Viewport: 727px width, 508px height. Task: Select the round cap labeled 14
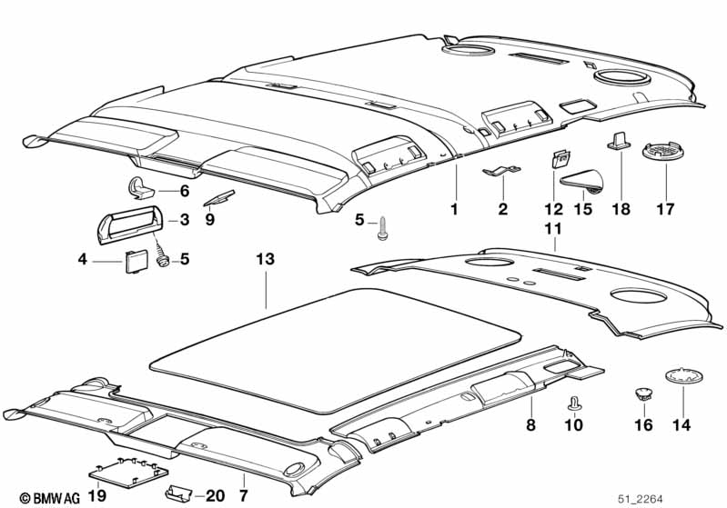pyautogui.click(x=694, y=377)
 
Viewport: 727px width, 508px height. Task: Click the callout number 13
pyautogui.click(x=265, y=260)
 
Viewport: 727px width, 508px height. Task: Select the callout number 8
pyautogui.click(x=531, y=424)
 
